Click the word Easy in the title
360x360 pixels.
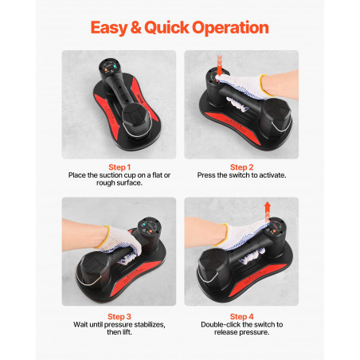pos(109,28)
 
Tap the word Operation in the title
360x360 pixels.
pos(230,28)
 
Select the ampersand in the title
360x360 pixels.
pos(135,27)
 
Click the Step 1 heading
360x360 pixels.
pos(119,167)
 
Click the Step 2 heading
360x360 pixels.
pos(241,167)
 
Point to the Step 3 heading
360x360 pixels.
pos(119,316)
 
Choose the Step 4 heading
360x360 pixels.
pos(241,316)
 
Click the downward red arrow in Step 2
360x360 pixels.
pos(219,65)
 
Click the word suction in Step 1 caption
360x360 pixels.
pos(111,175)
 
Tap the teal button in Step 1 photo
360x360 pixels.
pos(115,66)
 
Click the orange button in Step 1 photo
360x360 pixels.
pos(106,70)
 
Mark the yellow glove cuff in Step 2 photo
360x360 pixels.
pos(264,85)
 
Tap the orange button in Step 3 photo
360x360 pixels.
pos(151,231)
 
